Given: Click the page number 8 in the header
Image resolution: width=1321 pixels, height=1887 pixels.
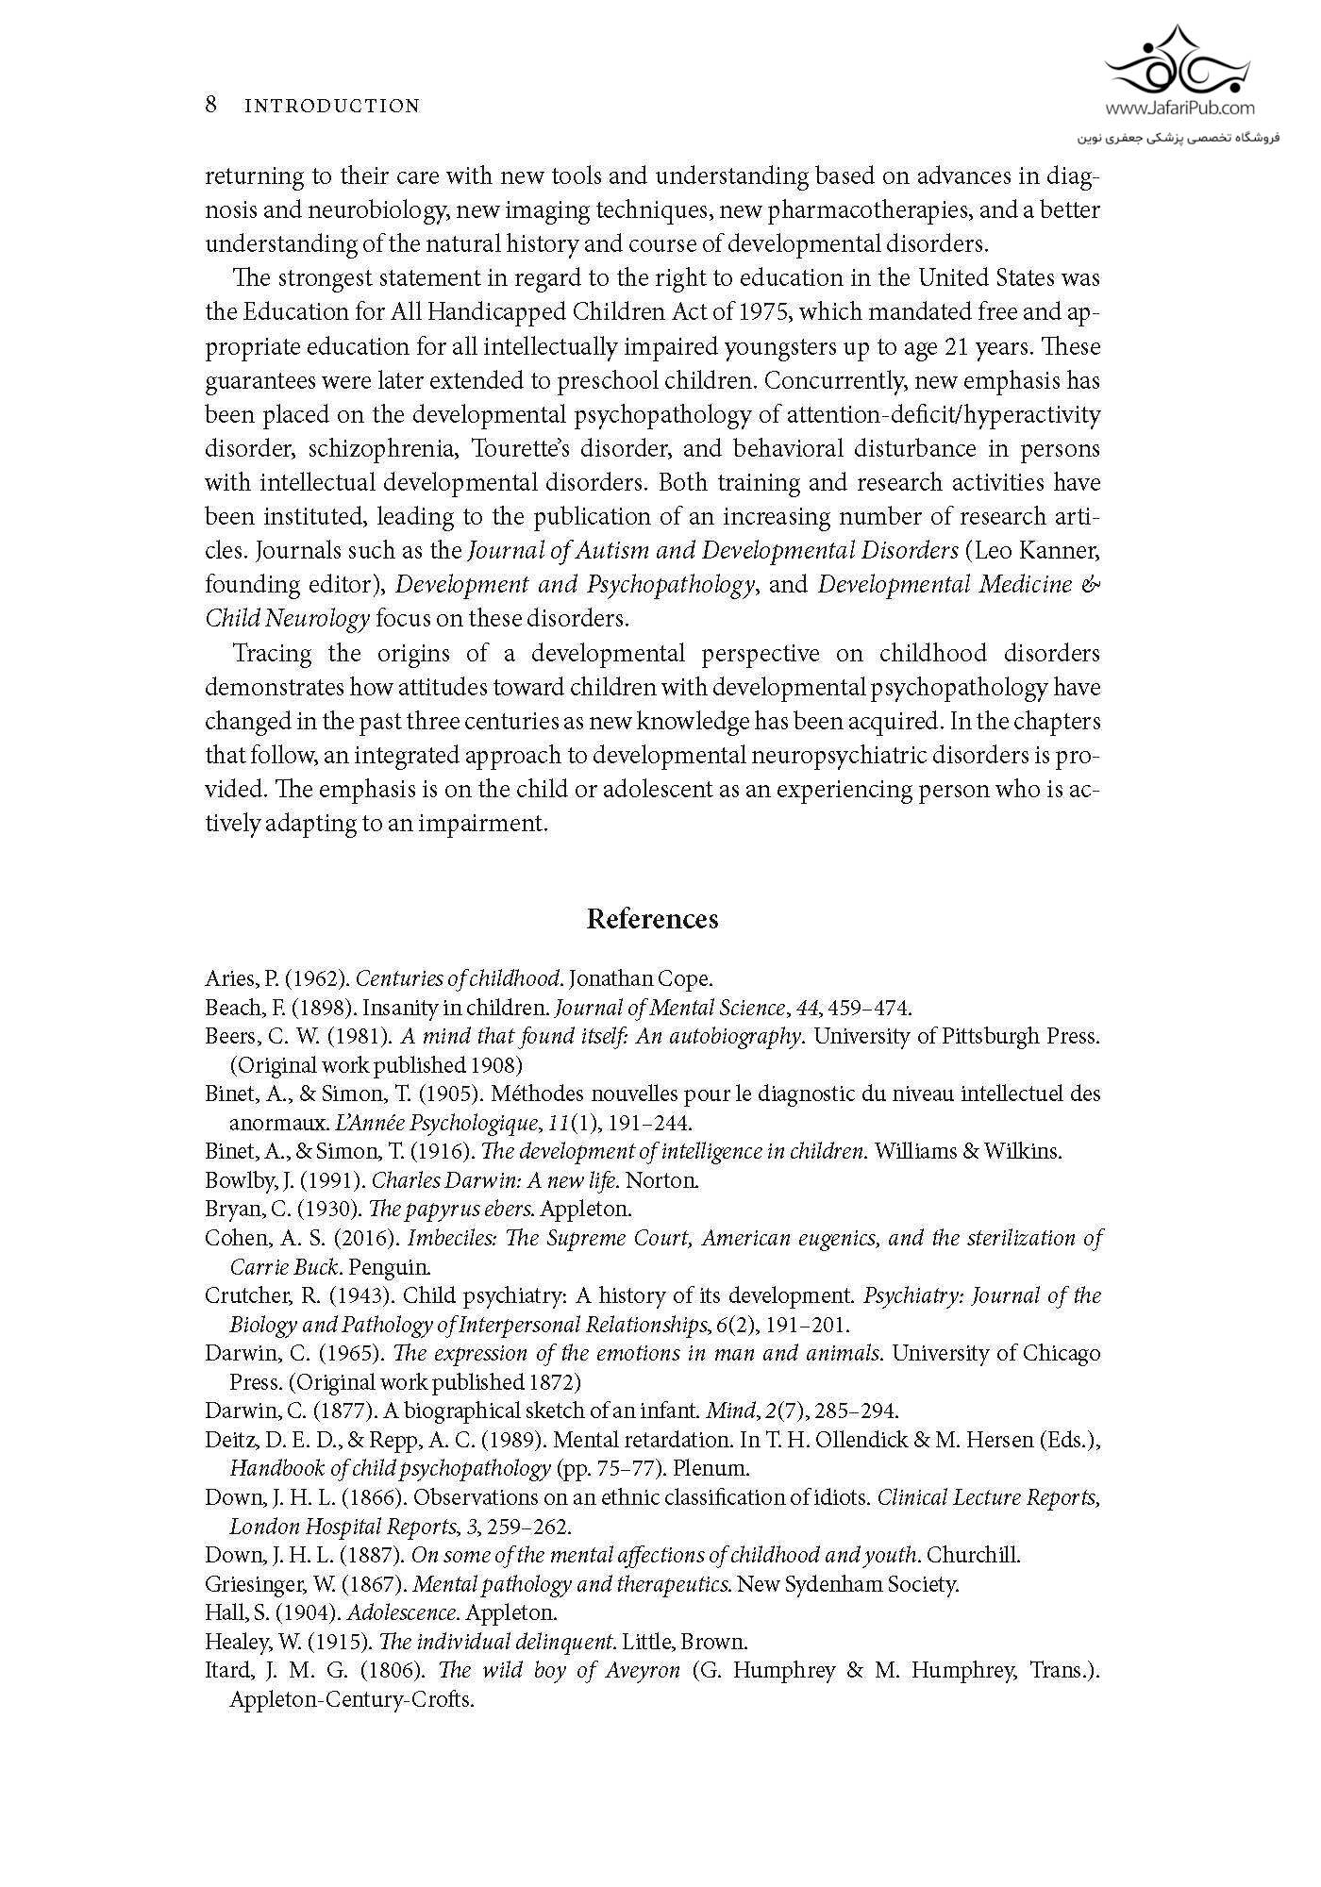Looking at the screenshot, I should coord(211,104).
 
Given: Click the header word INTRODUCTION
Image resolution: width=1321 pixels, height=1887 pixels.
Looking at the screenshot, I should coord(332,106).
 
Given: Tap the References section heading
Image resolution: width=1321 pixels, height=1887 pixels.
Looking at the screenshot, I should coord(652,919).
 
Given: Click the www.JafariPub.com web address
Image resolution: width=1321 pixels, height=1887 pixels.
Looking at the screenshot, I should coord(1179,109).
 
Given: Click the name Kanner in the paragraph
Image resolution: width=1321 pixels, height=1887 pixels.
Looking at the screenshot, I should coord(1064,550).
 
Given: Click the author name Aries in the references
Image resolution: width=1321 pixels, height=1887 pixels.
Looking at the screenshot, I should coord(226,978).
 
